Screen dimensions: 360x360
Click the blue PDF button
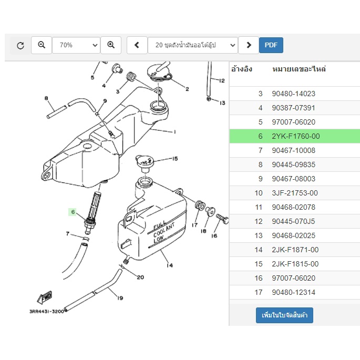(271, 45)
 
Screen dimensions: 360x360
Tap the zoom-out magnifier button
(42, 45)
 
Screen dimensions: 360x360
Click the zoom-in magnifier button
(111, 45)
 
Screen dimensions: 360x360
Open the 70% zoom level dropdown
(76, 45)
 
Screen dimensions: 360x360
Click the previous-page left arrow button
(137, 45)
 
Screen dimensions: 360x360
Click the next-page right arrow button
(249, 45)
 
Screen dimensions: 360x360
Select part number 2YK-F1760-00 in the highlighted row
(296, 136)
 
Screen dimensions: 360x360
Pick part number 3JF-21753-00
(295, 193)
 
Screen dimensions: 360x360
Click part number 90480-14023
(293, 94)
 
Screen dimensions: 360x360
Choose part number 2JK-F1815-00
(295, 264)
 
